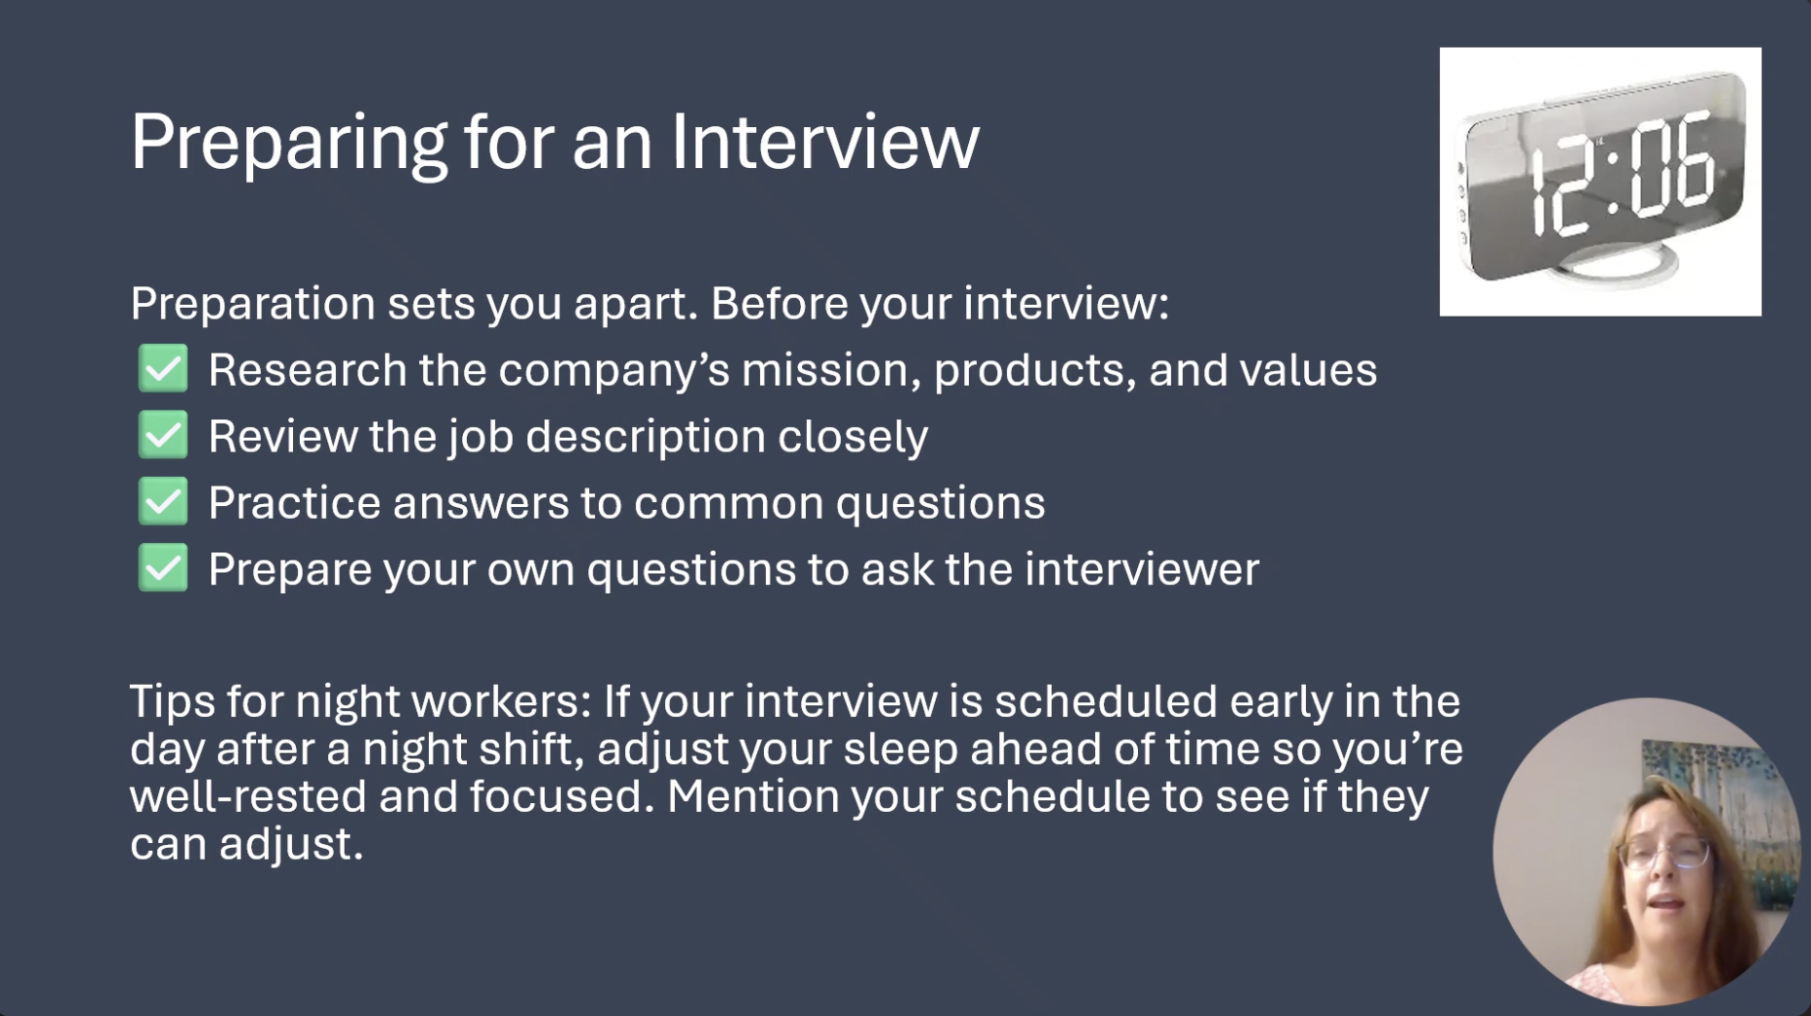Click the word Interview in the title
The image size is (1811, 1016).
pos(824,142)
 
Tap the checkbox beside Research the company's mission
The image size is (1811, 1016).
pos(163,368)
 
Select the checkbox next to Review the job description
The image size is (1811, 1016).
pos(163,435)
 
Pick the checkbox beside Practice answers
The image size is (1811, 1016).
pos(163,501)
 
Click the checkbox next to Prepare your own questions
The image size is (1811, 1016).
pos(163,568)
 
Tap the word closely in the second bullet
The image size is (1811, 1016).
pos(853,437)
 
